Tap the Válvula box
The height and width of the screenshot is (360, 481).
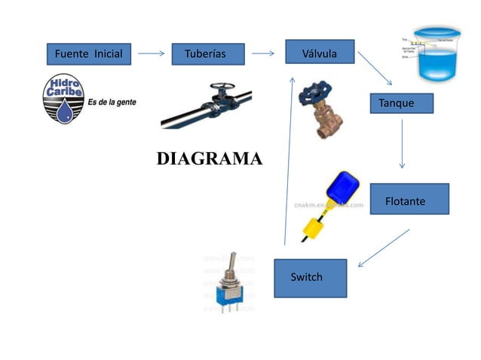click(x=319, y=53)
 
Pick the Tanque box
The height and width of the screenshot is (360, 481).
click(x=400, y=103)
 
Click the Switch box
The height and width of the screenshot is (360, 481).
click(x=309, y=277)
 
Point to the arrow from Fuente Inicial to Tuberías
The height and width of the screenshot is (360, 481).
click(x=152, y=54)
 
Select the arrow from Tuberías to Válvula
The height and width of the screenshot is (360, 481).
click(x=263, y=54)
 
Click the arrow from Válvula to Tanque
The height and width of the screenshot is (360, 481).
click(x=375, y=69)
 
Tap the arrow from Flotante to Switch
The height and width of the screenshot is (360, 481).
click(x=384, y=248)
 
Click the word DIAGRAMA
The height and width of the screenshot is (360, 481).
click(x=209, y=159)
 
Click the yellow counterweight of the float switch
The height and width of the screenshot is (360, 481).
click(x=311, y=227)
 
